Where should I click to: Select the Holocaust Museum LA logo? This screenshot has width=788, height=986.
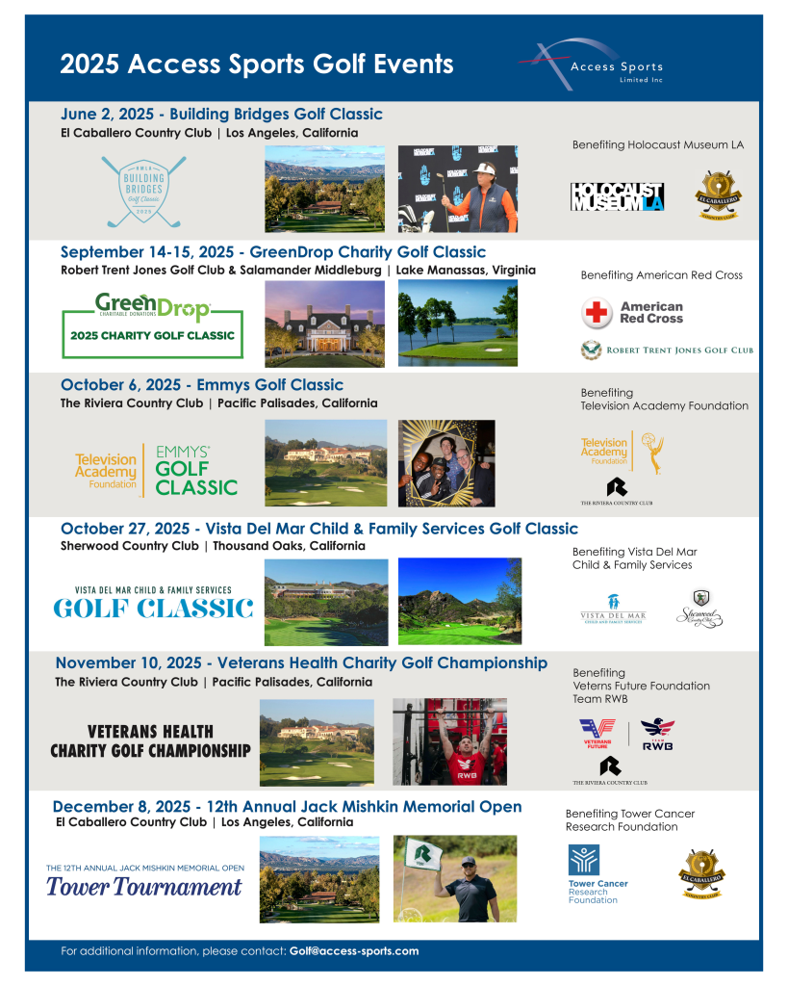click(x=617, y=195)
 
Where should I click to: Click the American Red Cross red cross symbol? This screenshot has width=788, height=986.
click(x=597, y=313)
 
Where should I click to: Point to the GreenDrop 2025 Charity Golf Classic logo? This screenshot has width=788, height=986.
click(x=152, y=325)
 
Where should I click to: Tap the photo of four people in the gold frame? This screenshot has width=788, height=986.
click(x=446, y=463)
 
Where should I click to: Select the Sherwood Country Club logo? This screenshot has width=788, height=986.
click(x=699, y=609)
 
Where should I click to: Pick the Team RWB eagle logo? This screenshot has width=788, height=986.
click(x=658, y=734)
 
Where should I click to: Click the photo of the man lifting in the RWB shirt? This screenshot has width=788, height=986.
click(x=449, y=741)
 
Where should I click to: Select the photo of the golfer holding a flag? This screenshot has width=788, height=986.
click(x=454, y=878)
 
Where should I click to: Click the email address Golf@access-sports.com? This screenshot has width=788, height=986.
click(x=354, y=950)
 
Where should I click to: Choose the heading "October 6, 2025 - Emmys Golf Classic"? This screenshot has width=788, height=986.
click(x=202, y=386)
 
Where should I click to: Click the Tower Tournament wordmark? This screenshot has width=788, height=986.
click(x=144, y=886)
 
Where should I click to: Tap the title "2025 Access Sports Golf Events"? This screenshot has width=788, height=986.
click(x=257, y=65)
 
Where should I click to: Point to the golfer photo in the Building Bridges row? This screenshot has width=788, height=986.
click(x=457, y=189)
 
